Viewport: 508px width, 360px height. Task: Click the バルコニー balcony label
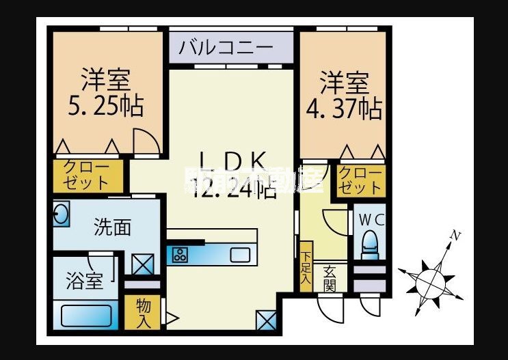tap(226, 49)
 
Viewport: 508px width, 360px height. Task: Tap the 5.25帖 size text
tap(105, 106)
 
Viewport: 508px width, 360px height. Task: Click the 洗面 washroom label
tap(112, 227)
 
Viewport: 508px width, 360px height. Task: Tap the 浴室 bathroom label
tap(84, 280)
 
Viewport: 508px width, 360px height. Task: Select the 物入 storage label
tap(144, 311)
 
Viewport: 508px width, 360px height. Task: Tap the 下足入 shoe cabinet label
tap(306, 266)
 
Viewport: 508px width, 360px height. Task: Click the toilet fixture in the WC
tap(370, 243)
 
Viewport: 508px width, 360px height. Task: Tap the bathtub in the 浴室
tap(87, 316)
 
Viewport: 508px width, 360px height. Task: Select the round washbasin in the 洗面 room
tap(60, 216)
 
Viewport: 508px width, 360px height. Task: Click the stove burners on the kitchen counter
tap(181, 255)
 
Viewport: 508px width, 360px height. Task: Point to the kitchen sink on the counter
tap(240, 255)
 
